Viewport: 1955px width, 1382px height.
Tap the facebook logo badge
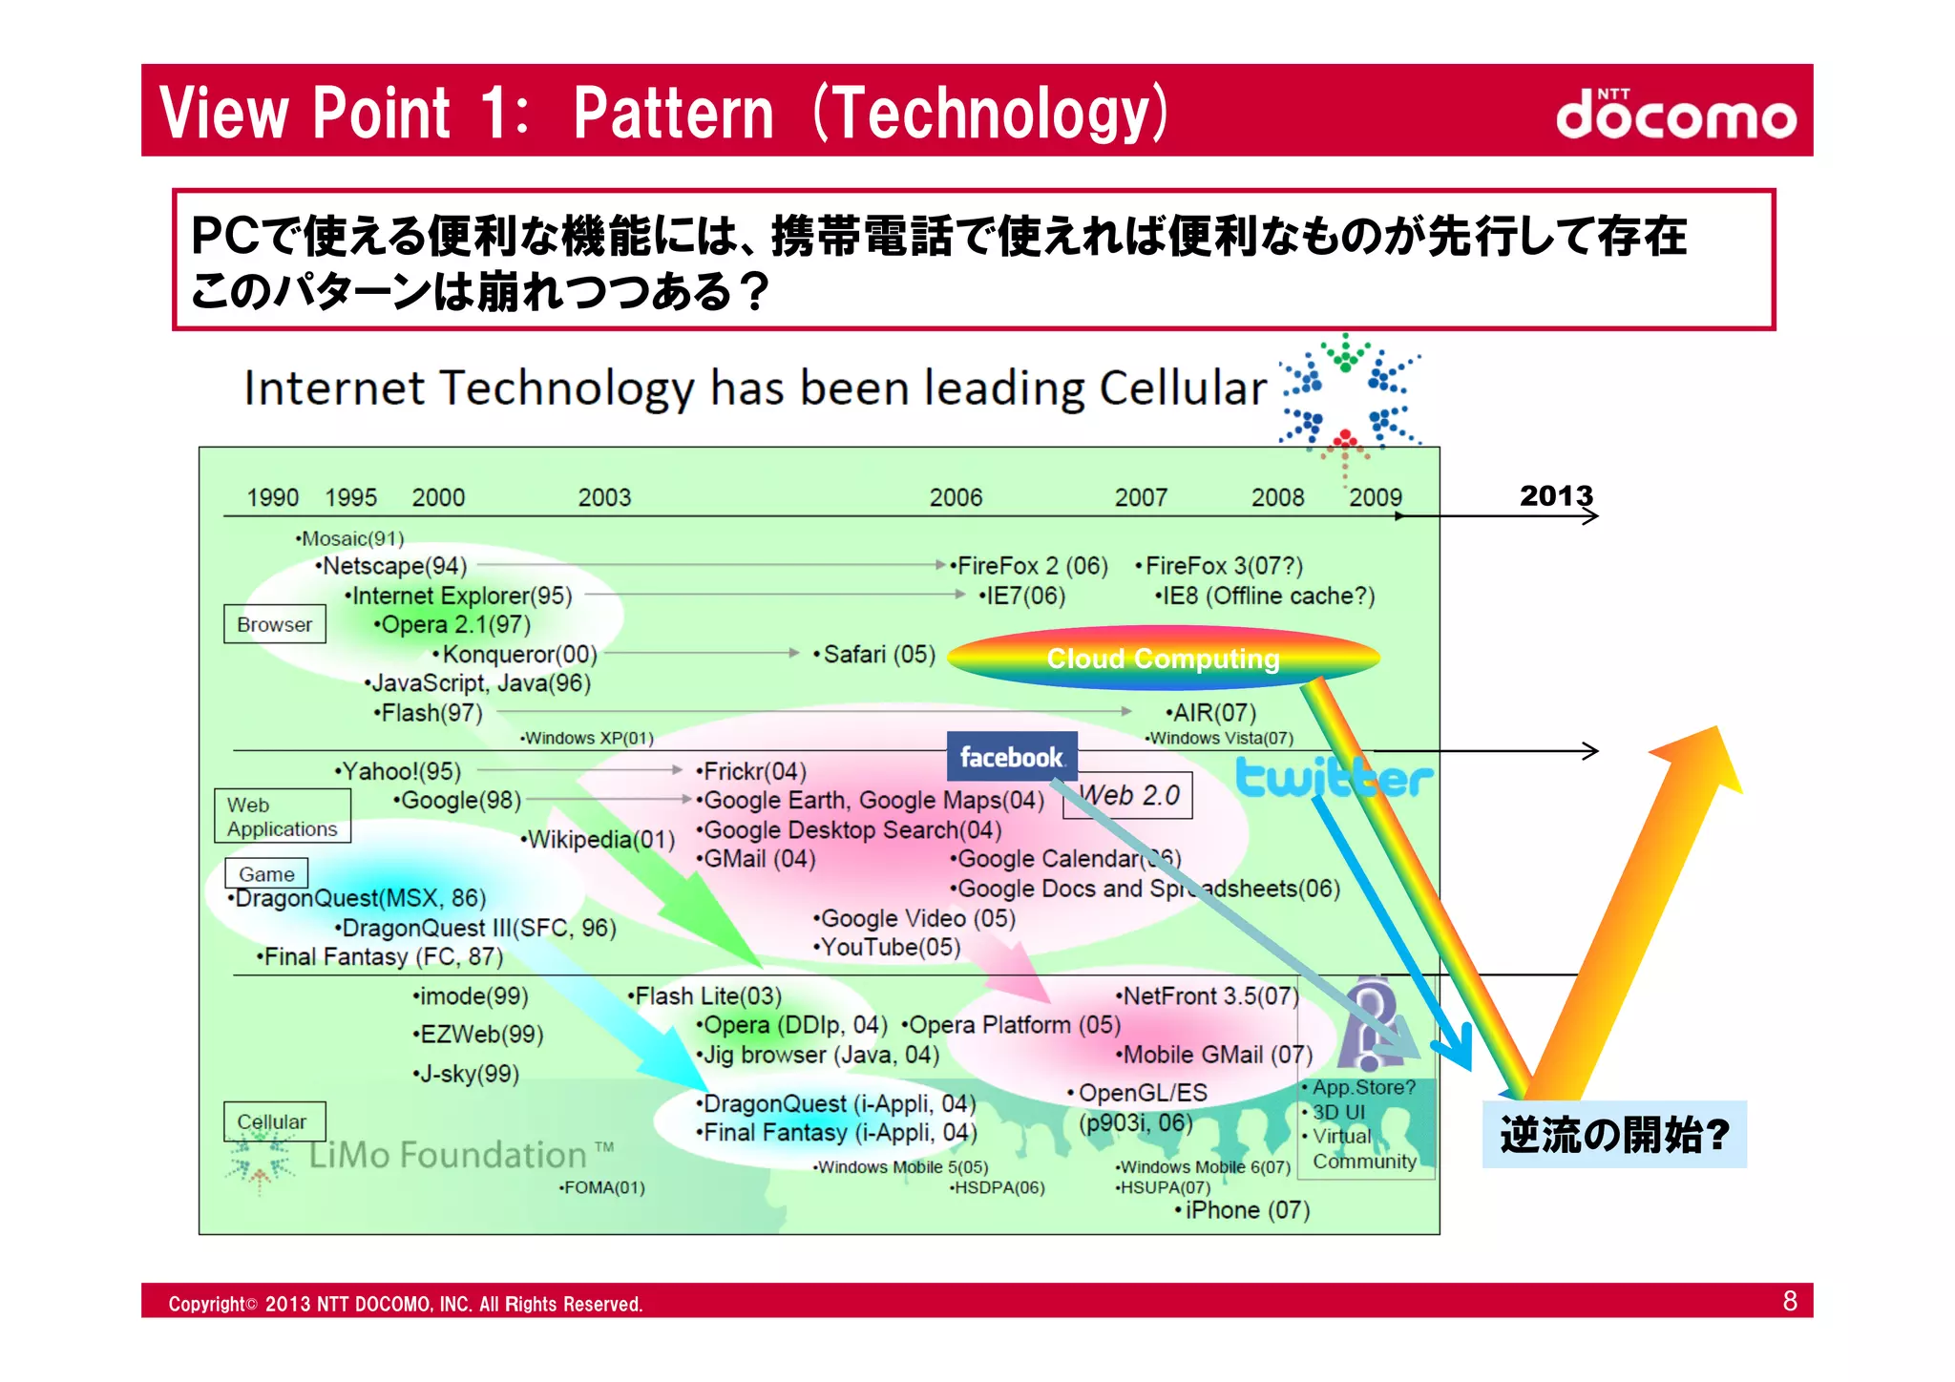point(1012,757)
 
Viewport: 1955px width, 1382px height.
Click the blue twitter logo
point(1334,778)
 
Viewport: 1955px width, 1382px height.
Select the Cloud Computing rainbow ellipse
point(1163,658)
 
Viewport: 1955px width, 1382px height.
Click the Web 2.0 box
point(1130,795)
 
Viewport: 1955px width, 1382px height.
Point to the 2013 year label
point(1556,495)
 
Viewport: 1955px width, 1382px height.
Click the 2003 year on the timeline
point(604,497)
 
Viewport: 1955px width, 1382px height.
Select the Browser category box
point(275,624)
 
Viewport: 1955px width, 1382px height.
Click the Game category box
point(266,873)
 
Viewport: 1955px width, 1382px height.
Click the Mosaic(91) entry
point(351,538)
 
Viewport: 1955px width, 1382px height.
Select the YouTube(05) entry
point(889,947)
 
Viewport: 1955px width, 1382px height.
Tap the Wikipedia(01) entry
point(599,840)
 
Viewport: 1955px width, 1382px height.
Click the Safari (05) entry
point(876,654)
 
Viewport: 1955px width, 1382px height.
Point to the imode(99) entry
point(472,996)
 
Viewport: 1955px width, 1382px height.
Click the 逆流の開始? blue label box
point(1614,1135)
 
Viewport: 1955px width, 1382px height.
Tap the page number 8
point(1790,1301)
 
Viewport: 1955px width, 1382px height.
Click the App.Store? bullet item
point(1362,1087)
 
